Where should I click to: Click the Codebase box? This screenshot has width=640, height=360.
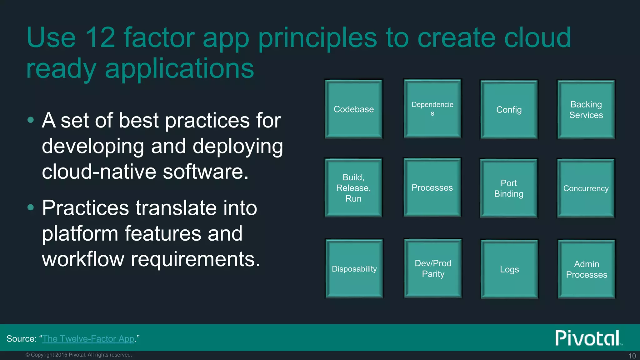(354, 109)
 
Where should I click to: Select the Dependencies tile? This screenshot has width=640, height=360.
(432, 108)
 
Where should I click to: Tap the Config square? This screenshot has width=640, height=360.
(509, 110)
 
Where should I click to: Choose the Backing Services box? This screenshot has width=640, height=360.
(586, 110)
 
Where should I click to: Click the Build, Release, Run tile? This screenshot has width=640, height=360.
(353, 188)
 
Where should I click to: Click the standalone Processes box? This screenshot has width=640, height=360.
(432, 187)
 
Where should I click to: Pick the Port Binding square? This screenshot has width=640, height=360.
(509, 188)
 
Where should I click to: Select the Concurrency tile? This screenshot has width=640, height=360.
(586, 188)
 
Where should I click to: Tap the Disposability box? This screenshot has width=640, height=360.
(354, 269)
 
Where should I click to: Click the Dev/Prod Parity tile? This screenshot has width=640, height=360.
(433, 268)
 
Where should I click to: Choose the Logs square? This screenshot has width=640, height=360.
(509, 269)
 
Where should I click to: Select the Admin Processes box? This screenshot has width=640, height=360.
(587, 269)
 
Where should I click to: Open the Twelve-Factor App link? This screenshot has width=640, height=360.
(88, 339)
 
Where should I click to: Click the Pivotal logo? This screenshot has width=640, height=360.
(587, 338)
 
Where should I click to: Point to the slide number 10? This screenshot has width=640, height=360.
(632, 356)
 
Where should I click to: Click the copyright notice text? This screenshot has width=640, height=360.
(79, 355)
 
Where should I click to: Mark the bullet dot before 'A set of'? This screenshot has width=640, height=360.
(30, 120)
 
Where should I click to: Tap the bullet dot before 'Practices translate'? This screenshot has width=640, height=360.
(30, 207)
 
